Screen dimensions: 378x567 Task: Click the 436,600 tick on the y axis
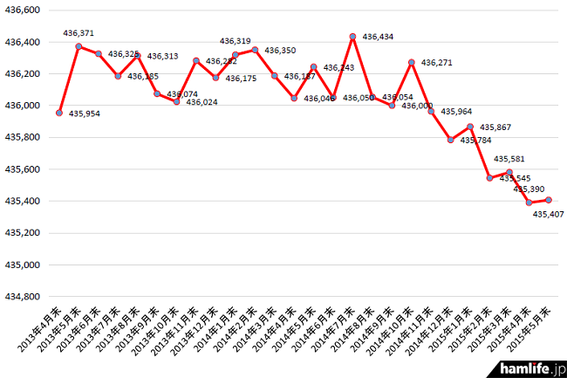(x=24, y=10)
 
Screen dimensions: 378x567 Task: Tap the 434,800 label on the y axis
(x=24, y=297)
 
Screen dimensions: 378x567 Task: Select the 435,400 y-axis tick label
(x=24, y=201)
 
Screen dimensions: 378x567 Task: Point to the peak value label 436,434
(x=378, y=37)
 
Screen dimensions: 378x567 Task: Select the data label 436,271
(x=436, y=63)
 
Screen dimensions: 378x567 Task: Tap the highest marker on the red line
(x=352, y=37)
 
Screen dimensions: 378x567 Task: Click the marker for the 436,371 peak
(x=79, y=46)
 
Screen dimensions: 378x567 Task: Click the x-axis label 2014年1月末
(x=217, y=336)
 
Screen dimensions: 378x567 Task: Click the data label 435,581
(x=509, y=159)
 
